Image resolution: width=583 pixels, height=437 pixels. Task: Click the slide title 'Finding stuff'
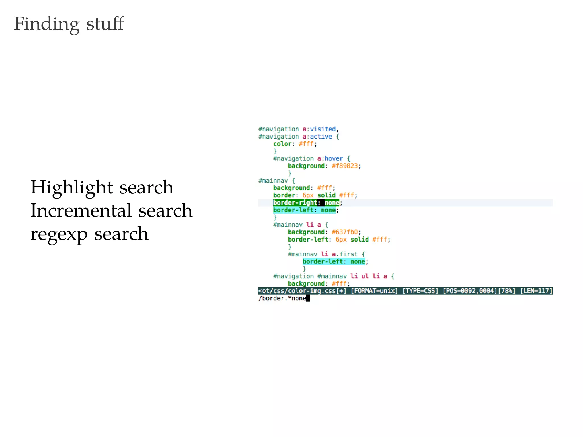pyautogui.click(x=69, y=24)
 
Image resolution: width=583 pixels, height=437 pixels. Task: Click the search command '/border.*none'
pyautogui.click(x=282, y=298)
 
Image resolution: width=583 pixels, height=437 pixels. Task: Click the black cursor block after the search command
pyautogui.click(x=308, y=298)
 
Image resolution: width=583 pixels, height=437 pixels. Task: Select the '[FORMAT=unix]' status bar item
pyautogui.click(x=374, y=291)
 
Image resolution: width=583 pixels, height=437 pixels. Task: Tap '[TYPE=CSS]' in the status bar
pyautogui.click(x=420, y=291)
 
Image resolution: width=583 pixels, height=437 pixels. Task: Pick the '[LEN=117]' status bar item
pyautogui.click(x=536, y=291)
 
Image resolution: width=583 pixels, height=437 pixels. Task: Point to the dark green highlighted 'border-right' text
pyautogui.click(x=295, y=203)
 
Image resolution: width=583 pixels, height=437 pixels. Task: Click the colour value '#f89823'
pyautogui.click(x=345, y=166)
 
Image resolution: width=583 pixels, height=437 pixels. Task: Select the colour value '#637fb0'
pyautogui.click(x=345, y=232)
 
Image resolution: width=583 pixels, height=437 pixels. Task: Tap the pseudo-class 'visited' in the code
pyautogui.click(x=323, y=129)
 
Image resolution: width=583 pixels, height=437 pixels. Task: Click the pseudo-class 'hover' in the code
pyautogui.click(x=334, y=159)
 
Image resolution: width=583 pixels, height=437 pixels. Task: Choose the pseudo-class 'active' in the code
pyautogui.click(x=321, y=137)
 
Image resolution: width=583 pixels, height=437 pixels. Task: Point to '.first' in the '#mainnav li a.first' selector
pyautogui.click(x=347, y=254)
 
